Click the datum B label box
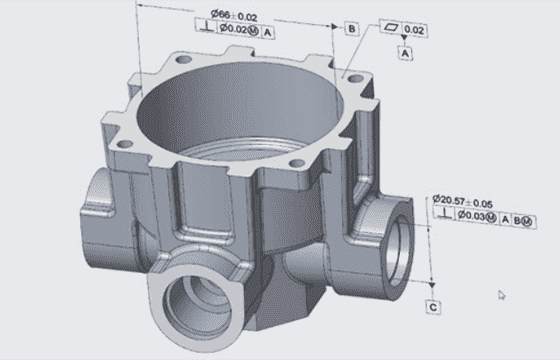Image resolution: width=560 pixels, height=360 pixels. (x=352, y=29)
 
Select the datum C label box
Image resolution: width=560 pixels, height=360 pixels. (x=433, y=308)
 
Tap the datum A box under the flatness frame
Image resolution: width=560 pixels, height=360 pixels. (x=405, y=54)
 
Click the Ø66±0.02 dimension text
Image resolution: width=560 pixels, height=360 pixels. (x=234, y=15)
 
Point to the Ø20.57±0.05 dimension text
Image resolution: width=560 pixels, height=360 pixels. (x=463, y=202)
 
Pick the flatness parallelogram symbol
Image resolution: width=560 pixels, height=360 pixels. (x=391, y=27)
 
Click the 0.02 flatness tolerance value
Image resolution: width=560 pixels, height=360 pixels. (x=414, y=30)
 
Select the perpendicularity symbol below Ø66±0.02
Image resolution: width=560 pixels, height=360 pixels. (x=206, y=26)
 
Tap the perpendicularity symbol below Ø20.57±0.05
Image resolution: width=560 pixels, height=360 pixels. (x=445, y=214)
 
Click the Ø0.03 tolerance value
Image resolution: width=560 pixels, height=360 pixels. (x=471, y=215)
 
